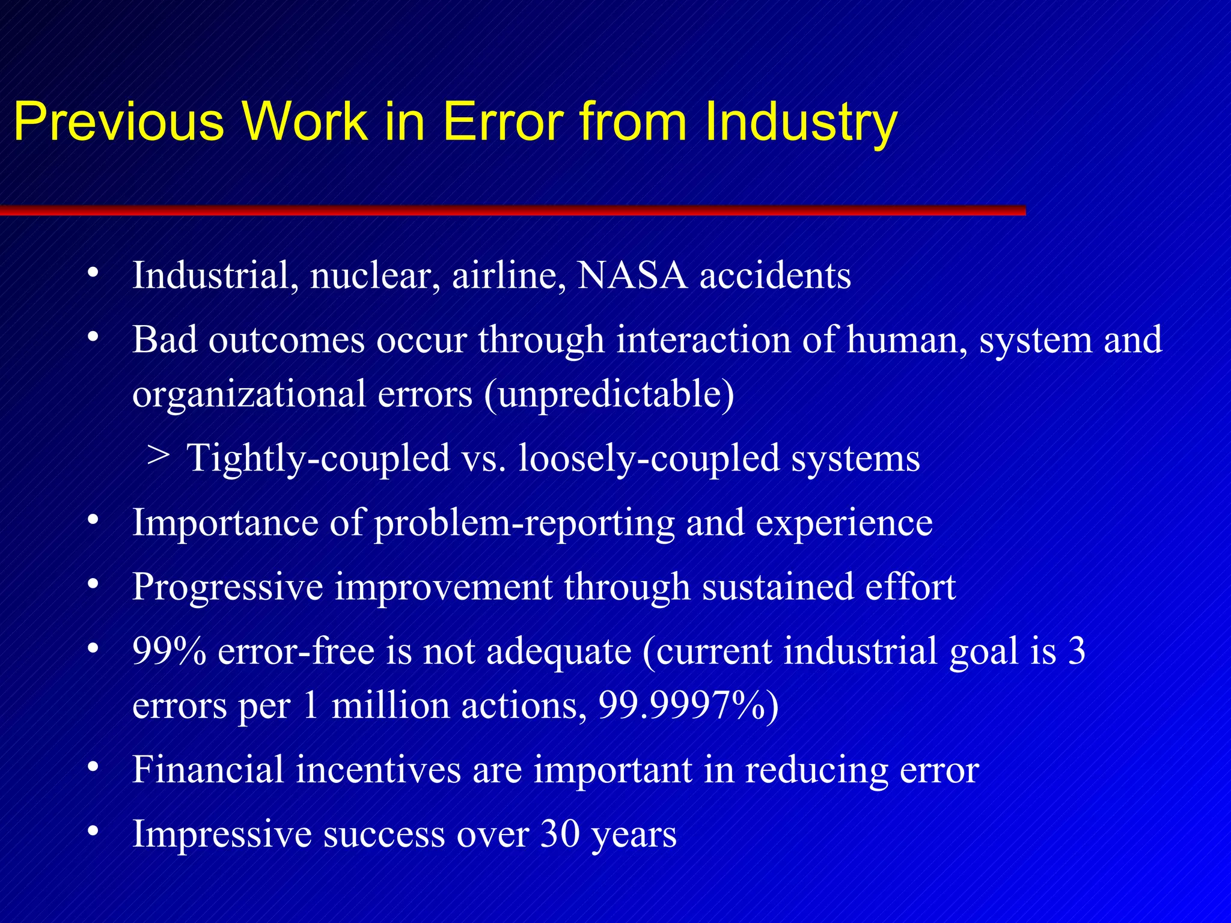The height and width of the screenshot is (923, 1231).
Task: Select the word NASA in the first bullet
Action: (x=632, y=276)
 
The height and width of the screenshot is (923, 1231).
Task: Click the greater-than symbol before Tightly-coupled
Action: (x=157, y=455)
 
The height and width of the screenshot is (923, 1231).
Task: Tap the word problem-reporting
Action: (x=524, y=523)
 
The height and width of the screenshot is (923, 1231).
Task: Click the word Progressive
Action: (x=227, y=588)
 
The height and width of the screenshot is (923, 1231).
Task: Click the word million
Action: (x=391, y=705)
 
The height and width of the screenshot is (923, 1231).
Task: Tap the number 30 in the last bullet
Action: (x=560, y=833)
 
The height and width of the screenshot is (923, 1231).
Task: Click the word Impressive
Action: (x=222, y=835)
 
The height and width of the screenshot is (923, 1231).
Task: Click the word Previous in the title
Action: (x=118, y=122)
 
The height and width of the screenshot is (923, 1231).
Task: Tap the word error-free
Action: (x=296, y=651)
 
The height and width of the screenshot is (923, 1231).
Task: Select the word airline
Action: (x=509, y=276)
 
